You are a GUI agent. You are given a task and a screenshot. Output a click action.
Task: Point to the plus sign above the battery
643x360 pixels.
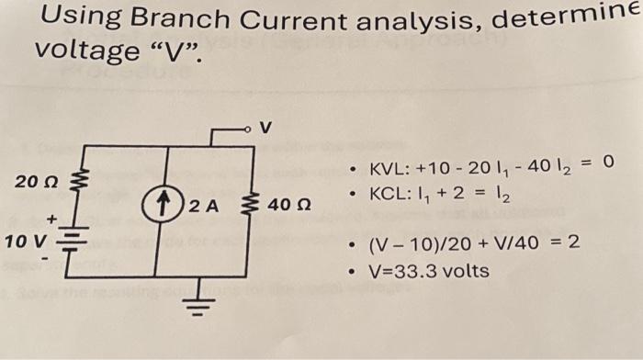[53, 218]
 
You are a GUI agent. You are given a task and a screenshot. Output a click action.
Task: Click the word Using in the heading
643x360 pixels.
[78, 17]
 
